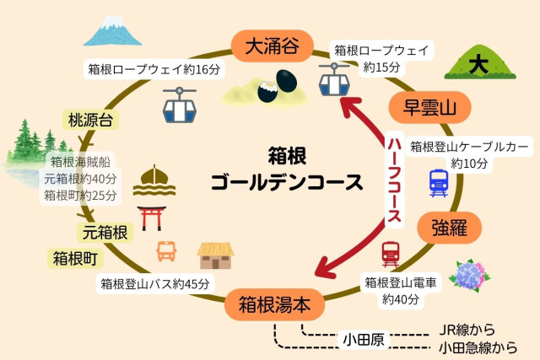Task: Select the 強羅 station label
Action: tap(448, 227)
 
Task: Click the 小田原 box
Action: tap(363, 340)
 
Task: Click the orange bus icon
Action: tap(166, 250)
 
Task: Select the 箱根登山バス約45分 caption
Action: tap(154, 284)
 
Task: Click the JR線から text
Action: tap(468, 330)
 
